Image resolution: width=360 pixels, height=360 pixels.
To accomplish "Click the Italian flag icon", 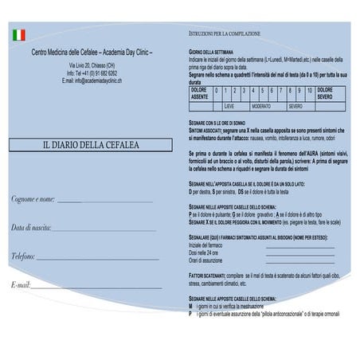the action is [x=19, y=35].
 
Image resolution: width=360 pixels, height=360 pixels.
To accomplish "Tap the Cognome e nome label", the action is [x=33, y=198].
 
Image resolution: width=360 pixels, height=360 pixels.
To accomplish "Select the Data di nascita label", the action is [x=31, y=227].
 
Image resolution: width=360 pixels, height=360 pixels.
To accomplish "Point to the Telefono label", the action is [x=23, y=256].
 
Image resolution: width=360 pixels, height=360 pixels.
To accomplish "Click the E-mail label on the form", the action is [x=21, y=284].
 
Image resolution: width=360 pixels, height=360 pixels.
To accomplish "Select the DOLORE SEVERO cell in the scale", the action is [x=326, y=94].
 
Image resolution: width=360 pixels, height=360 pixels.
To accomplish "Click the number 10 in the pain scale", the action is [x=309, y=91].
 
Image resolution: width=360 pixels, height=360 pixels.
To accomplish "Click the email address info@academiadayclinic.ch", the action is [x=92, y=81].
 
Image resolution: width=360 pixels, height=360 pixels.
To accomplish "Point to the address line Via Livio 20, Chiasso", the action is [x=92, y=65].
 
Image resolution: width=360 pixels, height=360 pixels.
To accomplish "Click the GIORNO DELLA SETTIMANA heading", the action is [x=211, y=51].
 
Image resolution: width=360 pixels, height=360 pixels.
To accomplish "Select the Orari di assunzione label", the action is [x=205, y=260].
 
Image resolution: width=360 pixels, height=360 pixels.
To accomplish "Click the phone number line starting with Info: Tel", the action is [x=92, y=73].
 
